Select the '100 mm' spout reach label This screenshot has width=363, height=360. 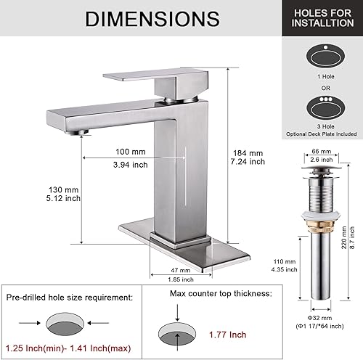point(131,150)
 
